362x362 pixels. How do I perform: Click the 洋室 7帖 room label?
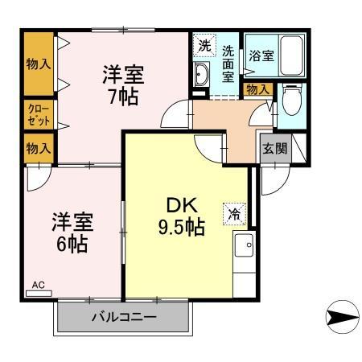point(123,84)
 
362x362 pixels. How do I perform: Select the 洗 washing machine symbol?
point(204,46)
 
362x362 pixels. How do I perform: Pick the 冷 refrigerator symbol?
point(235,213)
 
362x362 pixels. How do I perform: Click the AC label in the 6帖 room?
point(38,284)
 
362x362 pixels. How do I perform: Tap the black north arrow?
point(341,318)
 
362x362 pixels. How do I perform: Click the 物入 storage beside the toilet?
point(257,89)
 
